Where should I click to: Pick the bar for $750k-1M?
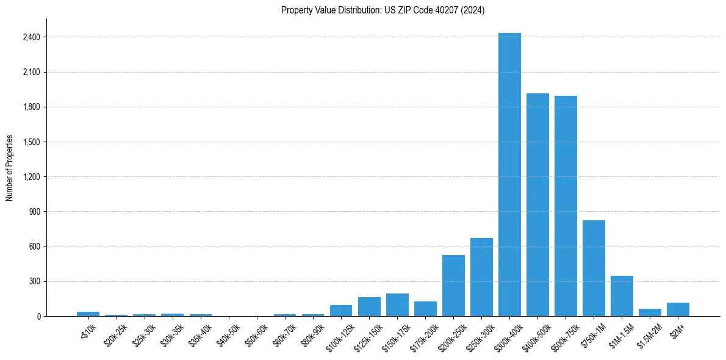point(594,268)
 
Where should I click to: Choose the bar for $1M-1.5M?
point(622,296)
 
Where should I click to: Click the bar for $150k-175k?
point(397,305)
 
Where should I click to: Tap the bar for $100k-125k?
point(341,311)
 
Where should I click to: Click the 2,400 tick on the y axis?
point(31,37)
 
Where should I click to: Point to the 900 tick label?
point(34,212)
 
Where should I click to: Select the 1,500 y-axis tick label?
point(31,142)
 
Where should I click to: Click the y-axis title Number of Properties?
point(9,167)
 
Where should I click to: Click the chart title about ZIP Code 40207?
point(383,10)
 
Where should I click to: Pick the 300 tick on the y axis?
point(34,281)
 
